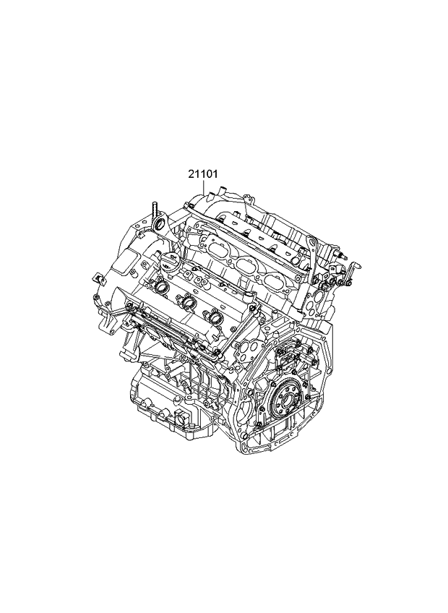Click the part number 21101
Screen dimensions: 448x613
(203, 174)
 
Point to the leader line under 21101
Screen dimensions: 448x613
(204, 186)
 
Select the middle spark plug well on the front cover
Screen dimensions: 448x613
(188, 303)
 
